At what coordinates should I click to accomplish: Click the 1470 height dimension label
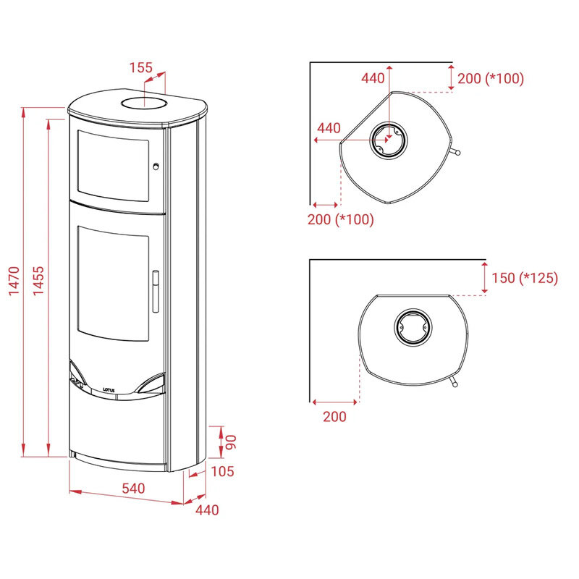pyautogui.click(x=14, y=281)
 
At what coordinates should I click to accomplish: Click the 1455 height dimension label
pyautogui.click(x=38, y=281)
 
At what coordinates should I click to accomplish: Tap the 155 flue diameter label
pyautogui.click(x=140, y=67)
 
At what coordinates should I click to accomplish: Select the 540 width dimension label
pyautogui.click(x=133, y=489)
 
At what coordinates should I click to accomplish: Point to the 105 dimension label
pyautogui.click(x=222, y=471)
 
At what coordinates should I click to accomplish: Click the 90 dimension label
pyautogui.click(x=231, y=442)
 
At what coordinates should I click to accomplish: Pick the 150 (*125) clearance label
pyautogui.click(x=525, y=278)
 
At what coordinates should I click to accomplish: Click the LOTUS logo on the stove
pyautogui.click(x=109, y=390)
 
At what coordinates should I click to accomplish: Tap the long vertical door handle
pyautogui.click(x=156, y=292)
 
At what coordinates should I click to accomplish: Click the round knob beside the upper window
pyautogui.click(x=156, y=166)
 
